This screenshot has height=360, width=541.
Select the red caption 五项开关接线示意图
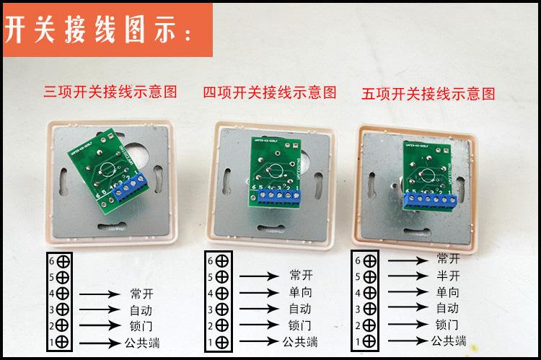[428, 94]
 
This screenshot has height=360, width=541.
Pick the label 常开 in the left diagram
[142, 293]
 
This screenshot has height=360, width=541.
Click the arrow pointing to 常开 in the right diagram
[409, 260]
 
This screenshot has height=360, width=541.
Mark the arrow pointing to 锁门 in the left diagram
[100, 325]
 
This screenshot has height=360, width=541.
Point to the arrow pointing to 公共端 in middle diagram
[259, 341]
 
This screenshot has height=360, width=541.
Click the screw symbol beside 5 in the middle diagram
[224, 277]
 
